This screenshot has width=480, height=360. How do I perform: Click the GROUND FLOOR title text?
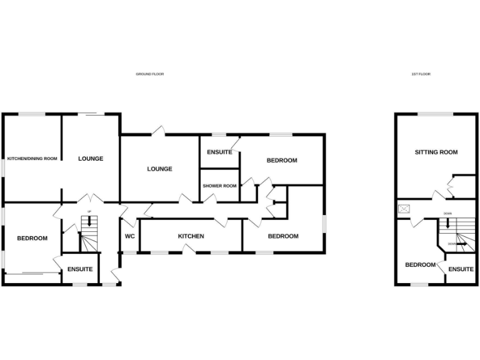click(x=150, y=74)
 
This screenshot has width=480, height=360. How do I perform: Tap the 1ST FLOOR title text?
click(x=421, y=74)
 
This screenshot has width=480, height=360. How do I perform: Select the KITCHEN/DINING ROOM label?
click(x=32, y=159)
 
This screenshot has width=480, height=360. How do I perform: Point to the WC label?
click(x=130, y=236)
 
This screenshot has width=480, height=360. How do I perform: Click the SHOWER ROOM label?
click(x=219, y=186)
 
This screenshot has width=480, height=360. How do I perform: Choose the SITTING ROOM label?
click(x=436, y=152)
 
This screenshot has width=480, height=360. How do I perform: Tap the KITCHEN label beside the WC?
click(x=191, y=236)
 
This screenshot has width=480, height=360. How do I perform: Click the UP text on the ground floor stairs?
click(x=89, y=212)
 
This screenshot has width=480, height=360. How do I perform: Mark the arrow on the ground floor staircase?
click(x=89, y=221)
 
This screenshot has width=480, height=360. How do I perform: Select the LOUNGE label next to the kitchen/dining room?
click(x=91, y=159)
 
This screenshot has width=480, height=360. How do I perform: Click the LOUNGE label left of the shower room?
click(x=159, y=169)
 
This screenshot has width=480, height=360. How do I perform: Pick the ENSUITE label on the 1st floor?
click(x=461, y=269)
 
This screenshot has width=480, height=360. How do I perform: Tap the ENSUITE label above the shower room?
click(x=219, y=152)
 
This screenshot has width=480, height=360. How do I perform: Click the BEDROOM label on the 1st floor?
click(x=420, y=264)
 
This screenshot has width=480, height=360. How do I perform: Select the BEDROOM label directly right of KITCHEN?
click(x=282, y=236)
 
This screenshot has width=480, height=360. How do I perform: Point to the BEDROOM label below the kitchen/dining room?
click(x=32, y=238)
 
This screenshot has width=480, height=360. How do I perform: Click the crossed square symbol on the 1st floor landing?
click(x=404, y=209)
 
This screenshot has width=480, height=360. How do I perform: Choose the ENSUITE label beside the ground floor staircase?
click(x=80, y=269)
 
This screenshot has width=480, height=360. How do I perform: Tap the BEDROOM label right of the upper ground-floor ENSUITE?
click(x=282, y=161)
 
